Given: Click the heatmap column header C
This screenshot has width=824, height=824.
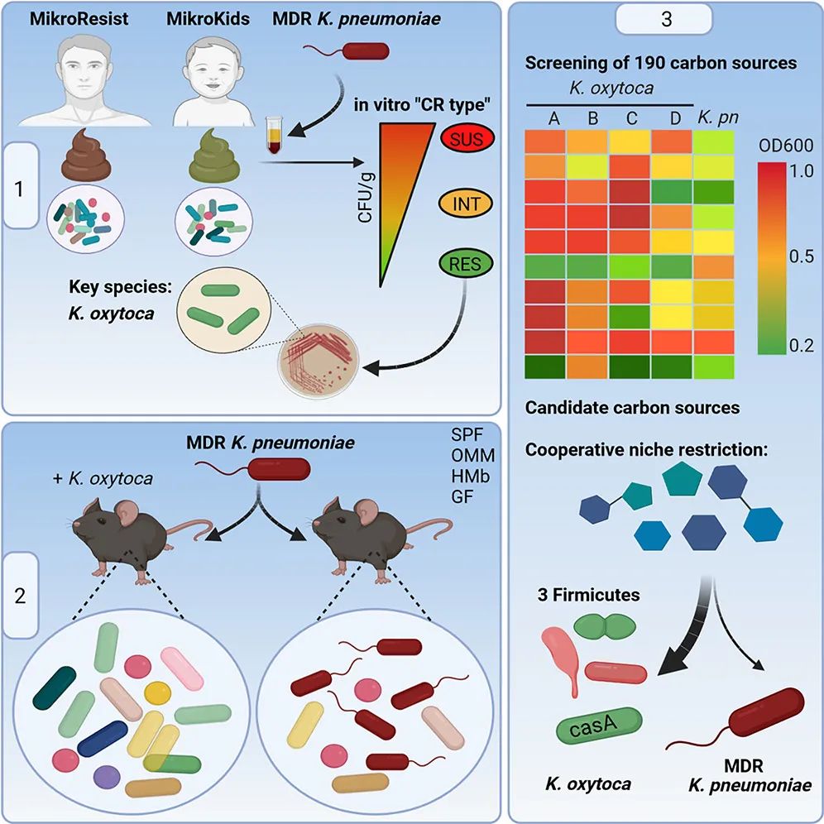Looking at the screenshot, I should (631, 118).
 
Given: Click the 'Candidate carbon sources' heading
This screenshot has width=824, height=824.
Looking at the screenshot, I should (632, 408).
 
